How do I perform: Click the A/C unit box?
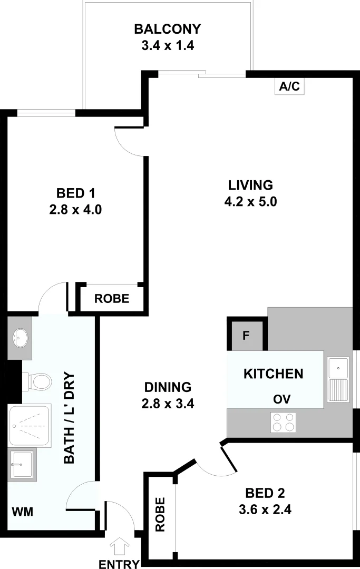pyautogui.click(x=289, y=87)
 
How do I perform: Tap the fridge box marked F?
pyautogui.click(x=246, y=336)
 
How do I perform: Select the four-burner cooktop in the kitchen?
pyautogui.click(x=284, y=421)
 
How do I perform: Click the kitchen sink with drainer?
pyautogui.click(x=338, y=379)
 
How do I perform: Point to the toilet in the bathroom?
pyautogui.click(x=37, y=380)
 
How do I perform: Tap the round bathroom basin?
pyautogui.click(x=20, y=336)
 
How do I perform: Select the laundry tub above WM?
pyautogui.click(x=22, y=464)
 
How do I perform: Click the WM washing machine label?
pyautogui.click(x=22, y=512)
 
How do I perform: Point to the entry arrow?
pyautogui.click(x=119, y=544)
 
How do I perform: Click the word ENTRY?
pyautogui.click(x=119, y=564)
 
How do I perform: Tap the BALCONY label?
pyautogui.click(x=168, y=28)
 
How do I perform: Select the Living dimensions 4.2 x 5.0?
pyautogui.click(x=250, y=201)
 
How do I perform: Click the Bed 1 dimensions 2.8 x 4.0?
pyautogui.click(x=75, y=210)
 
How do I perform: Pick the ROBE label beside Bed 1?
pyautogui.click(x=112, y=299)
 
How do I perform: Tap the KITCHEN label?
pyautogui.click(x=273, y=374)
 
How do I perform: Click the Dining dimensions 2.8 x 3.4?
pyautogui.click(x=168, y=404)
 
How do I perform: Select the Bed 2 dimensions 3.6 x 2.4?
pyautogui.click(x=265, y=509)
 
